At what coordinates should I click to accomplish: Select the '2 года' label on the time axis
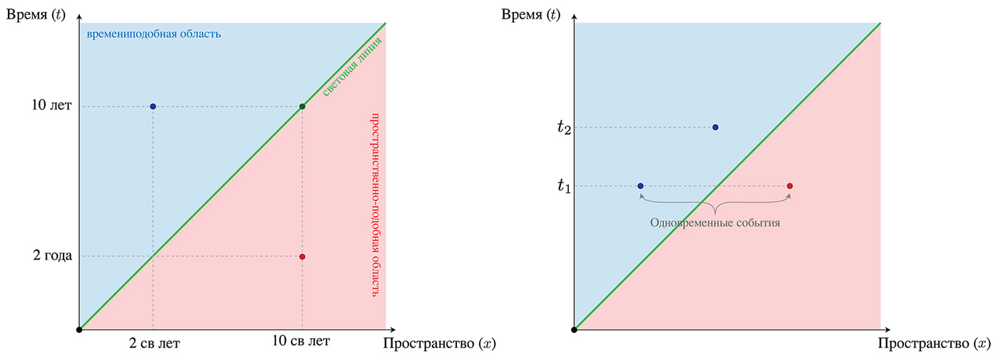52,257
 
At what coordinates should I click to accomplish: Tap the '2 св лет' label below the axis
154,344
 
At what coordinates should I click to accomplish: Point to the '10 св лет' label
302,341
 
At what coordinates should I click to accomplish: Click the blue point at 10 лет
153,107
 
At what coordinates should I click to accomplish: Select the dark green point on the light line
302,107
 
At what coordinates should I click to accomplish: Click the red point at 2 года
302,257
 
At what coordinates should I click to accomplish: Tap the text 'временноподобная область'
153,34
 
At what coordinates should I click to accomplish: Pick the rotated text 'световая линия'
349,68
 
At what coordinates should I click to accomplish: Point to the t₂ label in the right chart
564,128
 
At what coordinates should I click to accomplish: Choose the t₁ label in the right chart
564,187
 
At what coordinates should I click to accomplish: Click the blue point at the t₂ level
715,128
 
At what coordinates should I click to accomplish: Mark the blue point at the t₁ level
640,186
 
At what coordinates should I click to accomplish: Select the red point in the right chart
790,186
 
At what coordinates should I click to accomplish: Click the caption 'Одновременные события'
714,223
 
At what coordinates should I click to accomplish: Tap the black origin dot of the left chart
80,329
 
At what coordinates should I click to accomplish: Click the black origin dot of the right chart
575,329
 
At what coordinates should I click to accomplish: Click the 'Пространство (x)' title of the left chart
439,344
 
